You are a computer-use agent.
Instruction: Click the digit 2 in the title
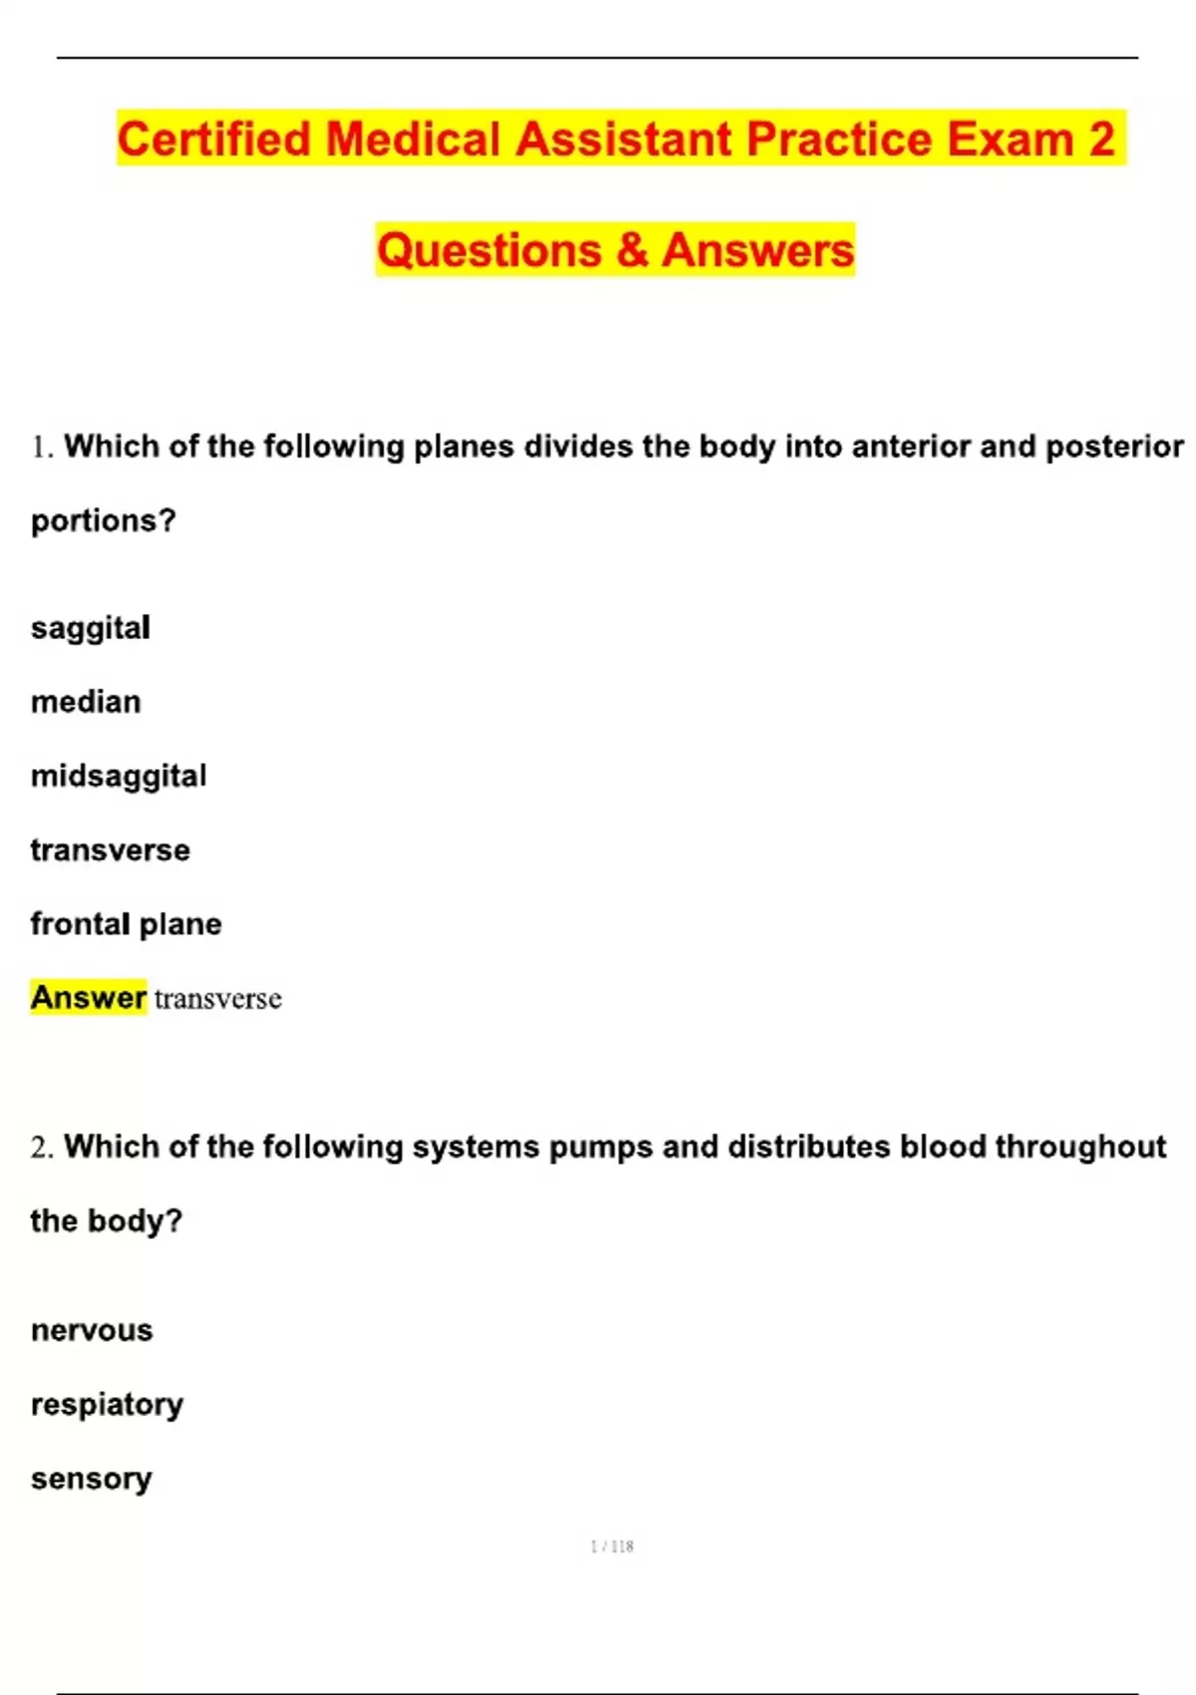pos(1100,140)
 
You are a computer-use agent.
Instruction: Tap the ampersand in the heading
pos(632,250)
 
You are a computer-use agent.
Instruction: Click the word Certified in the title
pos(214,140)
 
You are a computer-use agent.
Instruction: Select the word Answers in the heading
pos(758,250)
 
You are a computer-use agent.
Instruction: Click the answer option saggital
pos(91,628)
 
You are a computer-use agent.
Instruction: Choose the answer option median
pos(86,702)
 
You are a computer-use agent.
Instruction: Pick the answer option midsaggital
pos(119,776)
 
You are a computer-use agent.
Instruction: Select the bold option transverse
pos(110,850)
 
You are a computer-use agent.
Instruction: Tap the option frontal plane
pos(126,924)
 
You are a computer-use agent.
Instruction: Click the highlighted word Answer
pos(89,997)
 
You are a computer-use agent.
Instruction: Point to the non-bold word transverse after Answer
pos(218,999)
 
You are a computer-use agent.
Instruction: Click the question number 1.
pos(40,448)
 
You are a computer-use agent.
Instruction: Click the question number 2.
pos(40,1149)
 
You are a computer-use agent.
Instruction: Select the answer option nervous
pos(92,1331)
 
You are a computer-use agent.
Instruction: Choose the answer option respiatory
pos(107,1405)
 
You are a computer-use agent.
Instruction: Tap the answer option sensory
pos(91,1479)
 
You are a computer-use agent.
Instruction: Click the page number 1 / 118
pos(612,1546)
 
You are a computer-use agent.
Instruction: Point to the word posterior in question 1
pos(1114,447)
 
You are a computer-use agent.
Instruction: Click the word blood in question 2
pos(942,1147)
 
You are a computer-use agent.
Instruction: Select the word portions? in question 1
pos(104,520)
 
